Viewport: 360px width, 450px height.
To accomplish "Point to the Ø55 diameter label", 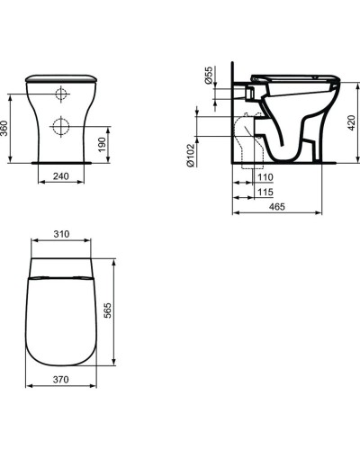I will click(210, 75).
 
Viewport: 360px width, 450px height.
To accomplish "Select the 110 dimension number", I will click(265, 177).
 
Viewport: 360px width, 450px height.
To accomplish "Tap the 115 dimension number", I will click(265, 193).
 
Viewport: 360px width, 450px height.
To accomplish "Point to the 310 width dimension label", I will click(61, 234).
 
